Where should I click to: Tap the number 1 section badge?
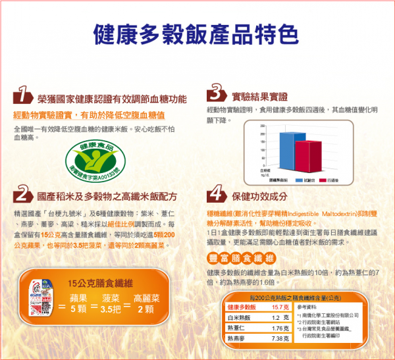24,97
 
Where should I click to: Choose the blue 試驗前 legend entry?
303,179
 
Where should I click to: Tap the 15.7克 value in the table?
280,307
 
